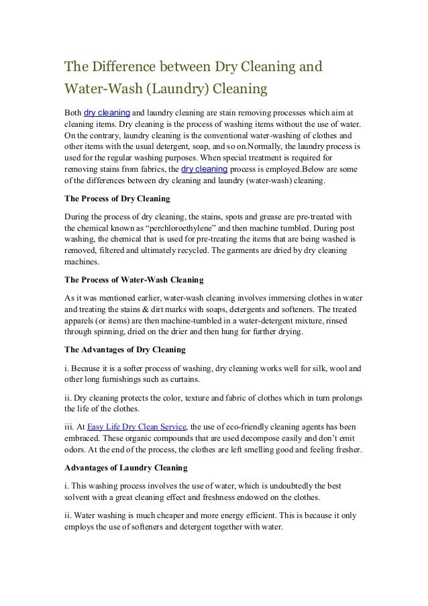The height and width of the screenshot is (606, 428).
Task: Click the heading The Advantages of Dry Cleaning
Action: coord(124,350)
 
